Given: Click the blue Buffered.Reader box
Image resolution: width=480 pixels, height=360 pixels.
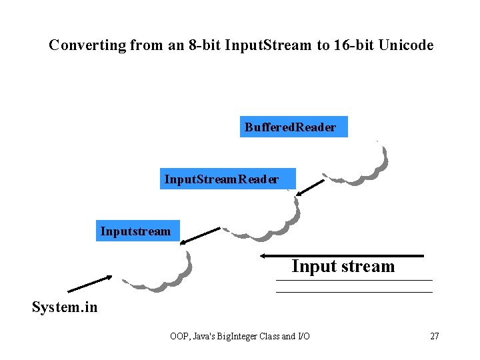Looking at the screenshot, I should [293, 127].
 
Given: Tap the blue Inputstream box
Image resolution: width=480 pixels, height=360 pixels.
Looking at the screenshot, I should [138, 231].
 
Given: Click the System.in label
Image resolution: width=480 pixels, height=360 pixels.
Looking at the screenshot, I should [64, 307].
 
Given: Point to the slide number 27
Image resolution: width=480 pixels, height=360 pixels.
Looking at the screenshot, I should [434, 336].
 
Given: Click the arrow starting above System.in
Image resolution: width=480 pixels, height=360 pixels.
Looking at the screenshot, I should [90, 283].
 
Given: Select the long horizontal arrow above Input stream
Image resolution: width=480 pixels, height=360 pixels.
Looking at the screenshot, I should [341, 255].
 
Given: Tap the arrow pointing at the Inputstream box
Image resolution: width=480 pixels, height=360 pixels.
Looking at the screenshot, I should [201, 235].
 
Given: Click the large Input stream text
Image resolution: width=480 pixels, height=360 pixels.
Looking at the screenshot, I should [343, 267].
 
